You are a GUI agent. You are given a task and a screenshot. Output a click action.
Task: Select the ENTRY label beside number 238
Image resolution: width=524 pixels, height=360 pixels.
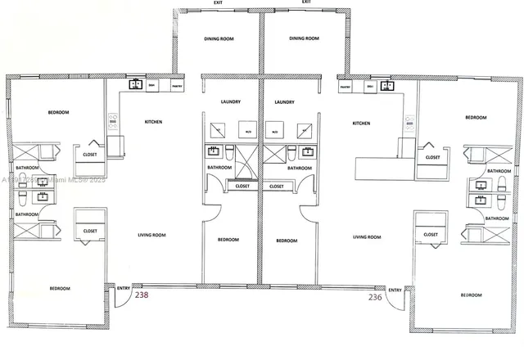coord(124,288)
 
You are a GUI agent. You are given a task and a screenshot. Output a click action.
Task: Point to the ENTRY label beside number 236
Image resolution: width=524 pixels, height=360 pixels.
coord(395,289)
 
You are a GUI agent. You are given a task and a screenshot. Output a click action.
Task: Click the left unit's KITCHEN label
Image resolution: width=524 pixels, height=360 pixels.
coord(153,123)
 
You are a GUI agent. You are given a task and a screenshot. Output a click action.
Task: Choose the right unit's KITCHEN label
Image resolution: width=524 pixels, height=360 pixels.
coord(361,124)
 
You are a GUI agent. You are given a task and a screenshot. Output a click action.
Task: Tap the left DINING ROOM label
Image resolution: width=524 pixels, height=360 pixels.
coord(219,38)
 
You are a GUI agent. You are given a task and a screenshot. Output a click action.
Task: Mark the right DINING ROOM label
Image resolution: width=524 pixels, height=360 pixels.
coord(304,38)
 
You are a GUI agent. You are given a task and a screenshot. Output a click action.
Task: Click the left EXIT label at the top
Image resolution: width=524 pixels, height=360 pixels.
coord(218,2)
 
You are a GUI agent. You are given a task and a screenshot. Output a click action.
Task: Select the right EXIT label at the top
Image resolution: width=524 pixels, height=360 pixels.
coord(305,2)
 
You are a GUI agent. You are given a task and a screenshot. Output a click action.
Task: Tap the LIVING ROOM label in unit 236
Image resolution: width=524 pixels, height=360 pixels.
coord(366,237)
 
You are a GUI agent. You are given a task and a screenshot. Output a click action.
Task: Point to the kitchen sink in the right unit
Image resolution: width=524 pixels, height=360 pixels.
coord(387,85)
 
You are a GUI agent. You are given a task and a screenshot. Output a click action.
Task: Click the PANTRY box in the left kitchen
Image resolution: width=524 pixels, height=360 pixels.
coord(176,85)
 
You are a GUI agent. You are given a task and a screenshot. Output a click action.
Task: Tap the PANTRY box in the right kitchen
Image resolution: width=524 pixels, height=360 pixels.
coord(346,85)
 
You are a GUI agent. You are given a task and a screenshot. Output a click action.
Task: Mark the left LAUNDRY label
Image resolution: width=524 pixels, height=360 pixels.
coord(230,102)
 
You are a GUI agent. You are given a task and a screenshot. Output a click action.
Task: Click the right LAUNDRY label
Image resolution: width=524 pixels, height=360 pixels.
coord(284,102)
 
